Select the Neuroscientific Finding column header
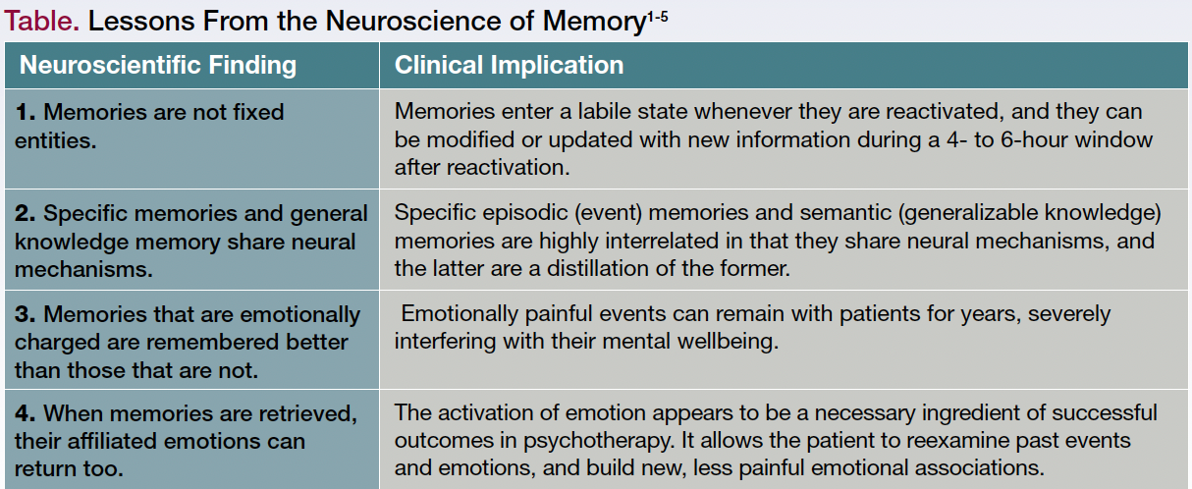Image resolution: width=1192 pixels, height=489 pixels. pyautogui.click(x=158, y=66)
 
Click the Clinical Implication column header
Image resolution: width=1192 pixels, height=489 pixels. pyautogui.click(x=509, y=66)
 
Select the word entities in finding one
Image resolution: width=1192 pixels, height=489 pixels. pyautogui.click(x=55, y=139)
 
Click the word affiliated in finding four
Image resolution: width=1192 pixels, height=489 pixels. pyautogui.click(x=121, y=440)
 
